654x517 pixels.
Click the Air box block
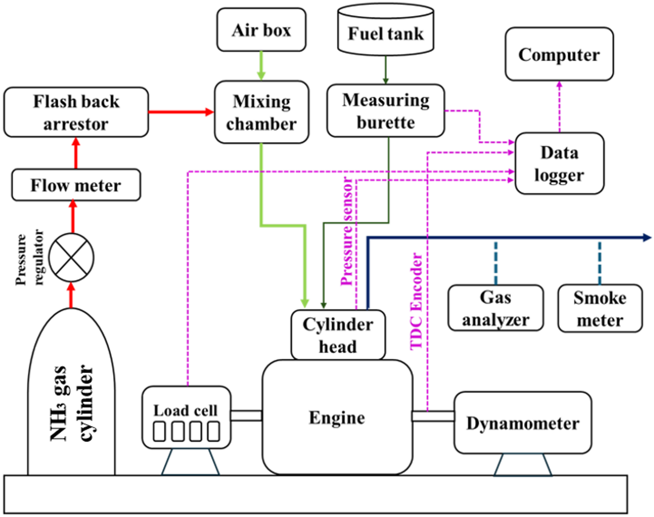coord(261,30)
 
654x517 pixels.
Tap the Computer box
coord(559,54)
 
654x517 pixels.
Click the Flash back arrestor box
coord(76,112)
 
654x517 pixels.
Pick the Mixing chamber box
coord(262,112)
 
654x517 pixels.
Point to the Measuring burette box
coord(386,111)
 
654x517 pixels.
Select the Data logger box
coord(559,163)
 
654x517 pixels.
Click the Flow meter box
coord(76,185)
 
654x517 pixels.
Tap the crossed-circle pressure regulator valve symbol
coord(71,258)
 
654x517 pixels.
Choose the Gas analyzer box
coord(495,308)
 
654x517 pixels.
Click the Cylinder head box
coord(338,335)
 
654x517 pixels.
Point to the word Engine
coord(337,418)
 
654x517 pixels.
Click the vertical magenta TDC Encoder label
coord(416,301)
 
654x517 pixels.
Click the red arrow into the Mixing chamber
coord(208,112)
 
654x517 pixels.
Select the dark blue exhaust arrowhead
coord(647,238)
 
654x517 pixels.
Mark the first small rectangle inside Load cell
coord(159,431)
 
